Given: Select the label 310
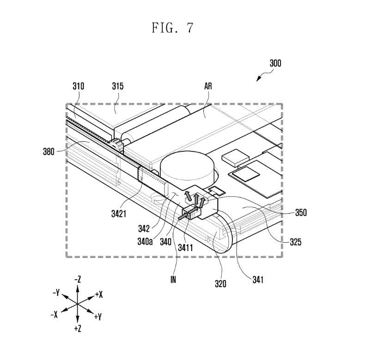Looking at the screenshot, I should [79, 86].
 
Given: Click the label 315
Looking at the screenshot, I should [117, 86].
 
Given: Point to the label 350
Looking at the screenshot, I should [301, 213].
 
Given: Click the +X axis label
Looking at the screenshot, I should [98, 294].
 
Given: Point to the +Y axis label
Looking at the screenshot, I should [98, 317].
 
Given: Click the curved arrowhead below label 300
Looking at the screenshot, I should [259, 80].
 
